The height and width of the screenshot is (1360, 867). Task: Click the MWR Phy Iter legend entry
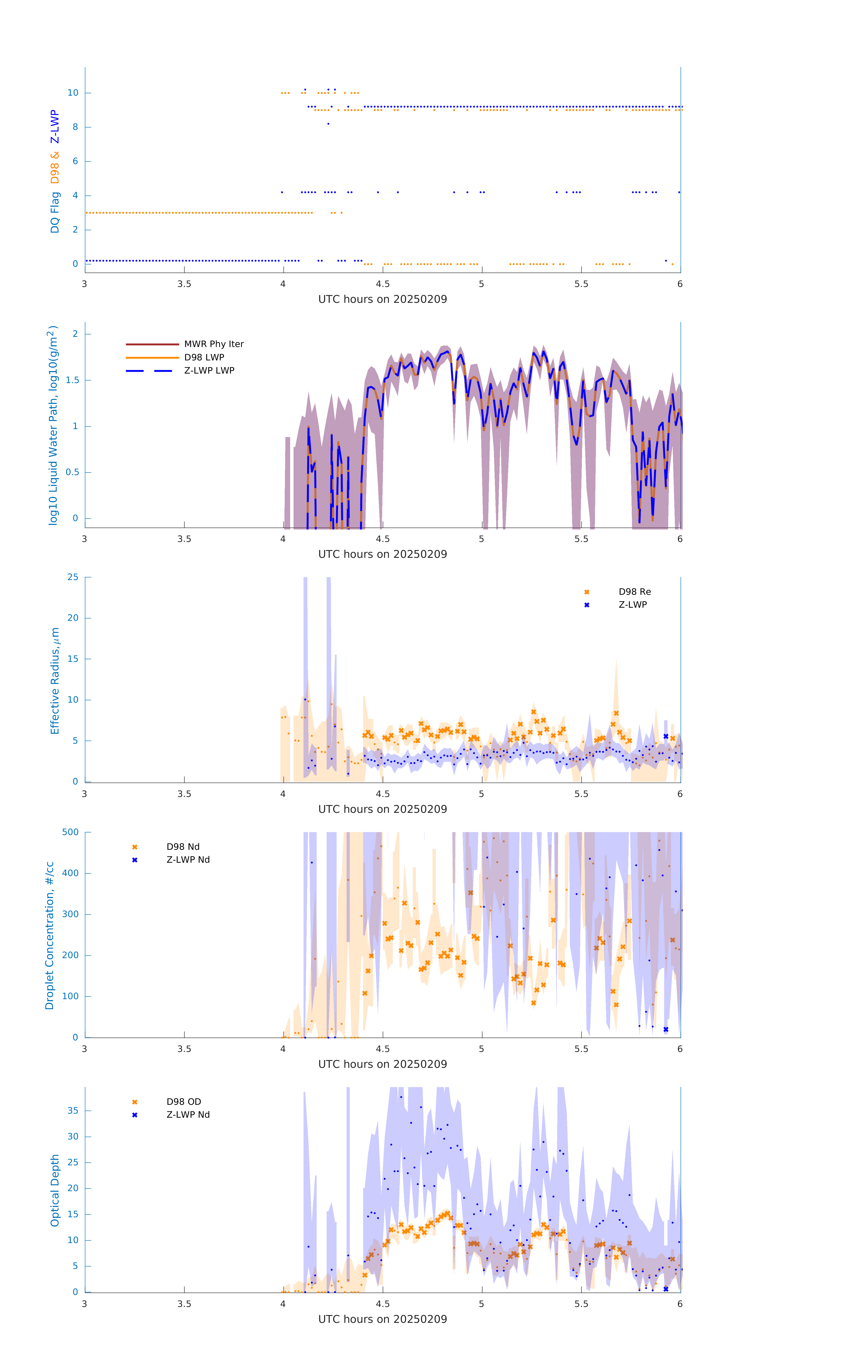(214, 344)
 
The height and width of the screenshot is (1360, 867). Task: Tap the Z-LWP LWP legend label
(209, 371)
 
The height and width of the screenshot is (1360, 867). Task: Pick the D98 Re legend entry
(634, 592)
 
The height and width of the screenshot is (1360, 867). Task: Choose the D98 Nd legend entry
(182, 847)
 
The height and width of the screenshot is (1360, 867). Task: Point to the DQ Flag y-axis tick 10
(73, 93)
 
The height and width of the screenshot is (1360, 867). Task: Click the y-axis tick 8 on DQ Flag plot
(75, 127)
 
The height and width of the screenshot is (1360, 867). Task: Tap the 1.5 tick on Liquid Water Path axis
(72, 380)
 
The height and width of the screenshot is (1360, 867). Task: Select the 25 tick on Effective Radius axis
(73, 577)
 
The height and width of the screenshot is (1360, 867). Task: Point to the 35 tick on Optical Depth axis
(73, 1110)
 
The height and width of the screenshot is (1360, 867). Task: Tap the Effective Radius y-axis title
(55, 680)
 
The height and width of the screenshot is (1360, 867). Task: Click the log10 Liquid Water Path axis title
(53, 425)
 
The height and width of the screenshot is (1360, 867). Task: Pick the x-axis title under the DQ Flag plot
(382, 299)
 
